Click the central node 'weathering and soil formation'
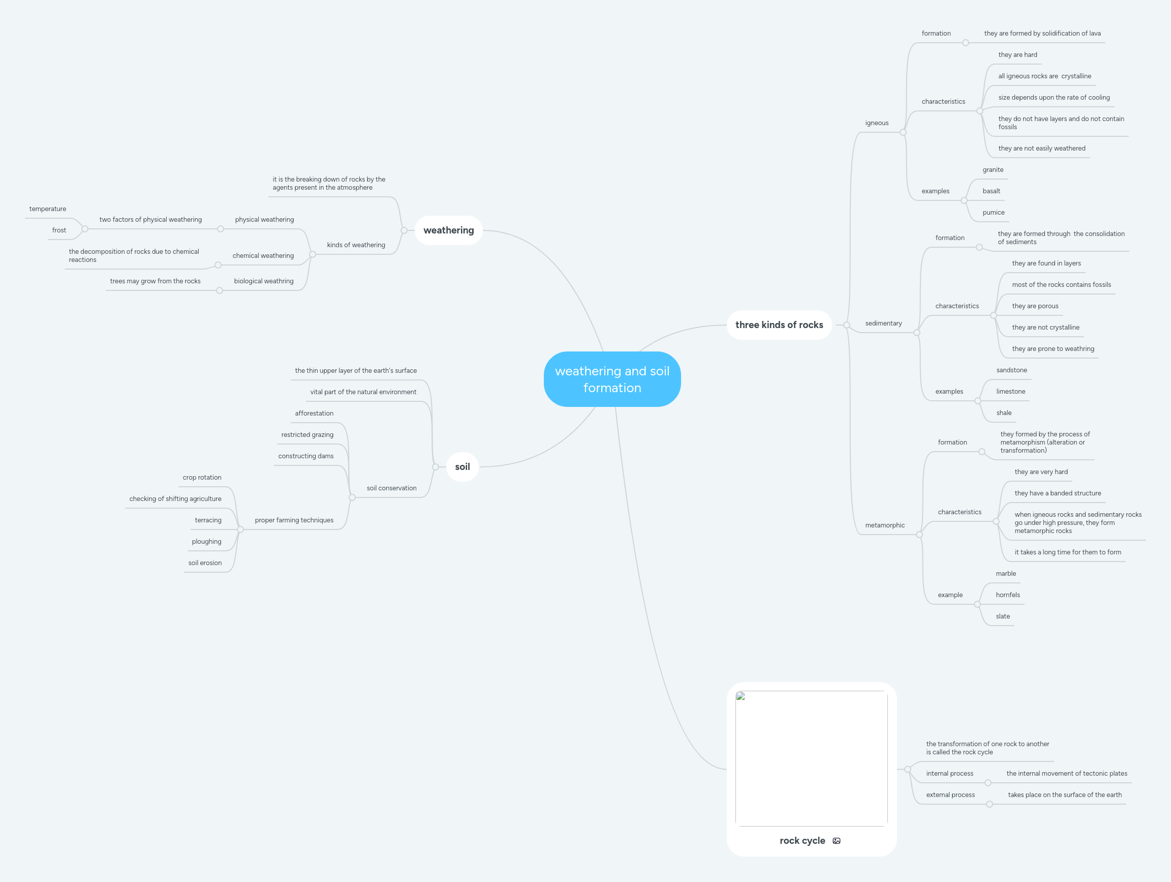click(612, 379)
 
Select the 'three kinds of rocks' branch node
click(779, 325)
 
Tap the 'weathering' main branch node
click(448, 230)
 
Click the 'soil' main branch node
click(462, 467)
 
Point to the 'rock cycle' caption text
click(802, 841)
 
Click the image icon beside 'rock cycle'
click(837, 841)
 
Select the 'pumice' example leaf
click(993, 213)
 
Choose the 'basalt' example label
click(991, 191)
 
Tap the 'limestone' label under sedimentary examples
click(1010, 392)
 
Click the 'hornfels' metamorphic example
click(1007, 595)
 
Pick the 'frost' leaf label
click(59, 230)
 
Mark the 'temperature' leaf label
click(48, 209)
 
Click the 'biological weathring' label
click(264, 281)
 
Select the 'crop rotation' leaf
click(202, 477)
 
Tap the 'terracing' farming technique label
click(208, 520)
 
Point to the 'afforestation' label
click(314, 413)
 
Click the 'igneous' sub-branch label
click(877, 123)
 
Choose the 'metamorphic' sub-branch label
click(884, 525)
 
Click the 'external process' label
click(950, 795)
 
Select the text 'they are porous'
click(1035, 306)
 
